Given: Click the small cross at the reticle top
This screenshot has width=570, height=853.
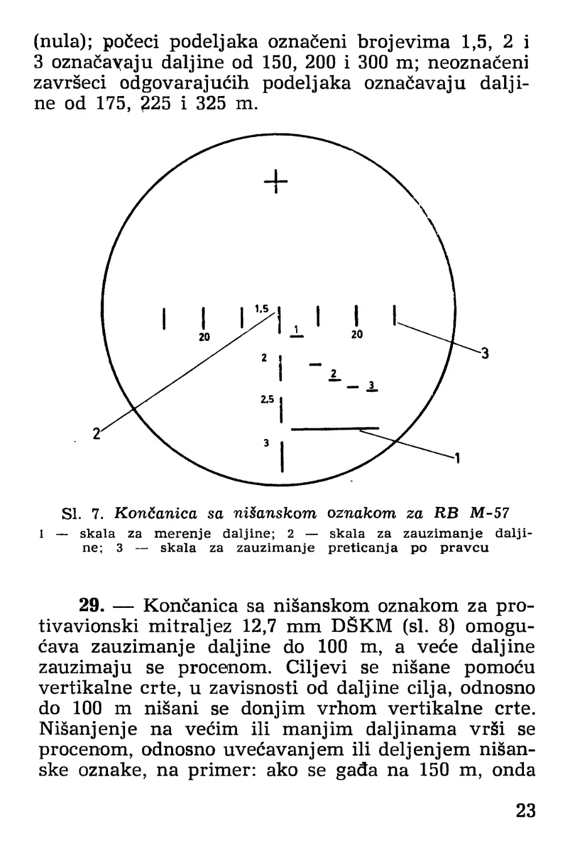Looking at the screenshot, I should point(276,181).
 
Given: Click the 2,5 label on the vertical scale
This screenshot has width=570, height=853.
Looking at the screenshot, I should point(267,400).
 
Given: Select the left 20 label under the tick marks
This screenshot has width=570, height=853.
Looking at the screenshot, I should point(204,337).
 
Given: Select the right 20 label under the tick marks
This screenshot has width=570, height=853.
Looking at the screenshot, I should point(356,335).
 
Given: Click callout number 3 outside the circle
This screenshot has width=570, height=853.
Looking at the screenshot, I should point(485,354).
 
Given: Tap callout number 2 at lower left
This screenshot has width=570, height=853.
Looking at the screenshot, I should point(96,433).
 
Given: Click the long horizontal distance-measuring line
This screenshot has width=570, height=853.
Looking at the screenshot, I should point(334,427).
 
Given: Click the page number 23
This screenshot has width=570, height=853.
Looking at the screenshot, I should point(526,810).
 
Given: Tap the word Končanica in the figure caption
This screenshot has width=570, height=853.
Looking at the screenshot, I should point(155,514).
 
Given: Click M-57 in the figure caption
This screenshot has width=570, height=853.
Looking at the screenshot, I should point(490,514).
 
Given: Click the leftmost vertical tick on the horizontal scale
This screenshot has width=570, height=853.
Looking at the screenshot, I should point(164,318).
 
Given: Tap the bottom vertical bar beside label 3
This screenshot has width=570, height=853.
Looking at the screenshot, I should point(282,456).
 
